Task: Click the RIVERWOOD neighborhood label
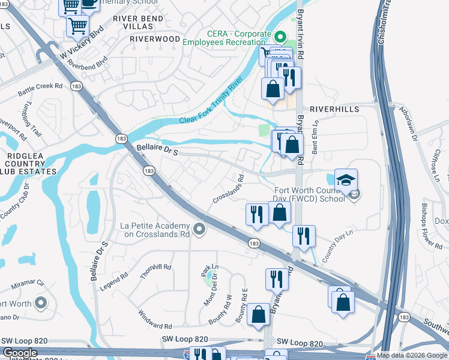pyautogui.click(x=155, y=38)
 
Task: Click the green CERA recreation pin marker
pyautogui.click(x=279, y=37)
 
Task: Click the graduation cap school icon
pyautogui.click(x=346, y=179)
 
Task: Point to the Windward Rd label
pyautogui.click(x=154, y=320)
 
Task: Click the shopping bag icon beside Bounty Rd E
pyautogui.click(x=258, y=314)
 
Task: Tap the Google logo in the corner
pyautogui.click(x=20, y=353)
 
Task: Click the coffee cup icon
pyautogui.click(x=91, y=2)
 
